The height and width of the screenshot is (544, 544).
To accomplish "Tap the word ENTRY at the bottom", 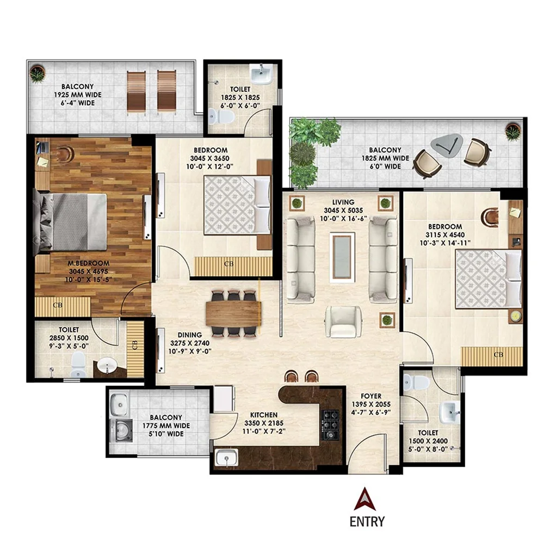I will tap(367, 522).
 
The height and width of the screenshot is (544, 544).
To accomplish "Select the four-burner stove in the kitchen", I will tap(330, 423).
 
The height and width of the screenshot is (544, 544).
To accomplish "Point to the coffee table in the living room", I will tap(342, 255).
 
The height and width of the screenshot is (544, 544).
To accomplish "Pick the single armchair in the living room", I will tap(342, 322).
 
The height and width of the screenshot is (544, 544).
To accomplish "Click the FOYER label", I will tap(372, 396).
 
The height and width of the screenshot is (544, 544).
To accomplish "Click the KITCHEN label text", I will tap(264, 415).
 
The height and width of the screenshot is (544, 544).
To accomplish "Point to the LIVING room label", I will tap(342, 202).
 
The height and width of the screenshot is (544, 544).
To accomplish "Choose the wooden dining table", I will tap(233, 313).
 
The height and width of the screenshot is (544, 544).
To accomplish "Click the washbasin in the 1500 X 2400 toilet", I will tap(449, 412).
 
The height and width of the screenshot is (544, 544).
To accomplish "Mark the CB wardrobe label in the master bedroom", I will tap(58, 305).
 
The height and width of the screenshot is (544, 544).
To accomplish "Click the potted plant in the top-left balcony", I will tap(37, 74).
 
